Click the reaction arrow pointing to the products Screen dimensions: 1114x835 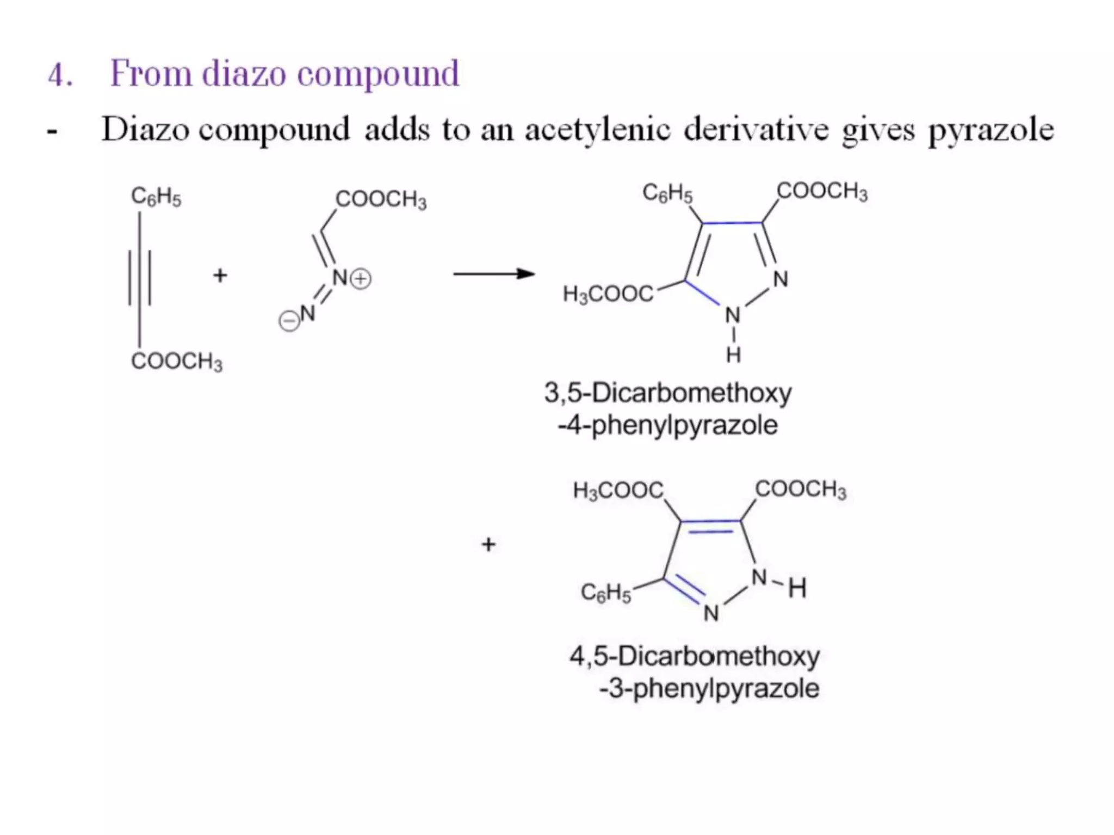[494, 273]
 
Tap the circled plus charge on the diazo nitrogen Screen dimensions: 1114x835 [360, 279]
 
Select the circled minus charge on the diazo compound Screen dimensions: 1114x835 [289, 321]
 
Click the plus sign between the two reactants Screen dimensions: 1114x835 [220, 276]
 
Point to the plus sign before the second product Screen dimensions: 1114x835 [488, 544]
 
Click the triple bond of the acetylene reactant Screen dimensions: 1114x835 [140, 277]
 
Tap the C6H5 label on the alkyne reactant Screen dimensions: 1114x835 [156, 197]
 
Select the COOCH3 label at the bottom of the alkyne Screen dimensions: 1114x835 [177, 362]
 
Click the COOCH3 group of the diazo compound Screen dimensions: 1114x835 [381, 200]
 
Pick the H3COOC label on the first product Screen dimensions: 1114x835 [608, 295]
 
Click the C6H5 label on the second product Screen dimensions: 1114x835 [606, 593]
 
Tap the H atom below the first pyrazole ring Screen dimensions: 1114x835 [733, 355]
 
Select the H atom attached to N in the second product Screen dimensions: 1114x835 [797, 588]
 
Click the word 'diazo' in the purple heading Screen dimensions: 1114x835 [244, 74]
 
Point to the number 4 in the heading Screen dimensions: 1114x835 [59, 75]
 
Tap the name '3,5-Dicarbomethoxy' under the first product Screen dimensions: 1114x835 [668, 393]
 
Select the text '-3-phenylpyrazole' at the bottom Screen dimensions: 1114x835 [709, 689]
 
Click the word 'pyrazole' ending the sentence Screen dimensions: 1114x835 [991, 131]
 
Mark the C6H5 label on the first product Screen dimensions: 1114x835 [667, 193]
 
